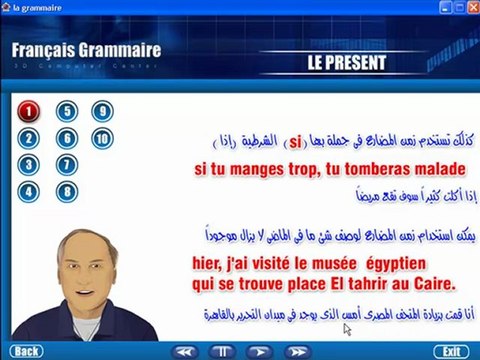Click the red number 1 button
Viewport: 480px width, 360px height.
point(29,112)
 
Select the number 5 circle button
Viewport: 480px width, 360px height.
point(66,112)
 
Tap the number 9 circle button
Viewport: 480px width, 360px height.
point(101,112)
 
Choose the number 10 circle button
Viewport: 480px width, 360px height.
point(101,138)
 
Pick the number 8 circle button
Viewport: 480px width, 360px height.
point(66,190)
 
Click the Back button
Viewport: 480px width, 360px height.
point(27,351)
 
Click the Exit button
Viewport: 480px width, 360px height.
point(451,351)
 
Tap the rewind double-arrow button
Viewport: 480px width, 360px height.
point(182,351)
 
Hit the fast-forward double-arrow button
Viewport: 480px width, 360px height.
point(296,351)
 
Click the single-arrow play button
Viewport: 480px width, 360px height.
point(258,351)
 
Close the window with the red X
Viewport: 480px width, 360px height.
point(468,8)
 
